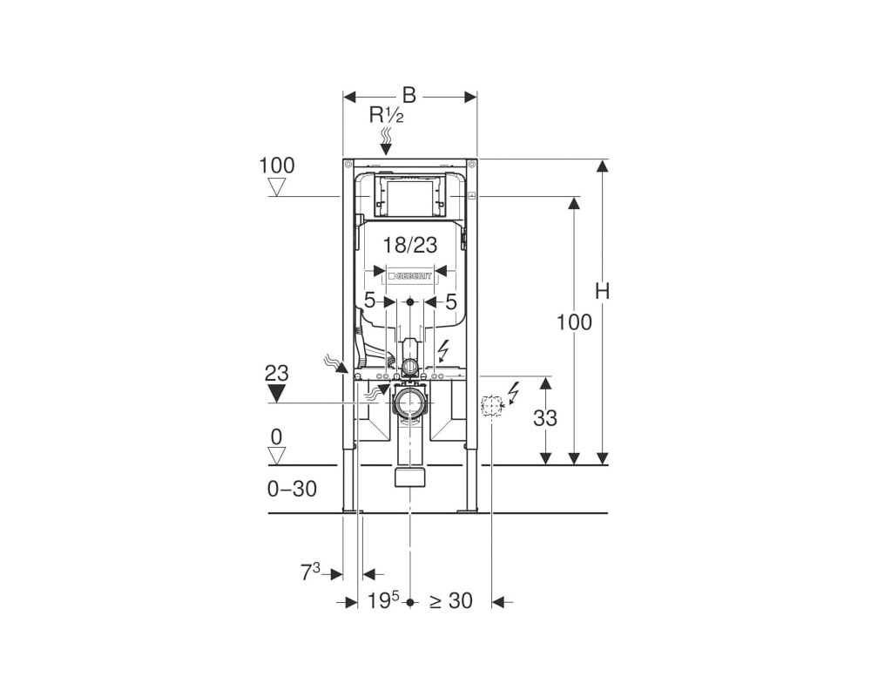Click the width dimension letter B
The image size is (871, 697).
pos(409,96)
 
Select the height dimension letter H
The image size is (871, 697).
pos(602,291)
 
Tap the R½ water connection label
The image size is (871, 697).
pos(387,116)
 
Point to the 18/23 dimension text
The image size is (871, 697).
pos(410,245)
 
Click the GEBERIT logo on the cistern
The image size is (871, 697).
pos(412,276)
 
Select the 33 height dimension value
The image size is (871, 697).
pos(545,418)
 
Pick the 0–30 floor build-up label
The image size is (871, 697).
pos(292,489)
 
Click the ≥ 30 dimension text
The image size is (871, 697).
pos(451,601)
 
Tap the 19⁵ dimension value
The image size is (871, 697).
pos(383,600)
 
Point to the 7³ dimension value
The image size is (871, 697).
pos(311,572)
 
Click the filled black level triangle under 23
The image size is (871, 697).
pos(276,394)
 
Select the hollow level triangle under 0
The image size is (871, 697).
pos(277,456)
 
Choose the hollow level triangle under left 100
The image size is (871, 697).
pos(277,187)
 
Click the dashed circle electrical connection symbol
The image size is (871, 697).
pos(491,406)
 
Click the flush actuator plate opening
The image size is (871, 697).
pos(410,197)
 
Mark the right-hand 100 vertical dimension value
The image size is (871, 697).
pos(574,322)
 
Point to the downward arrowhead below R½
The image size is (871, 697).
pos(386,149)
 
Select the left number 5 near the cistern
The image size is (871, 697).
pos(369,301)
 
